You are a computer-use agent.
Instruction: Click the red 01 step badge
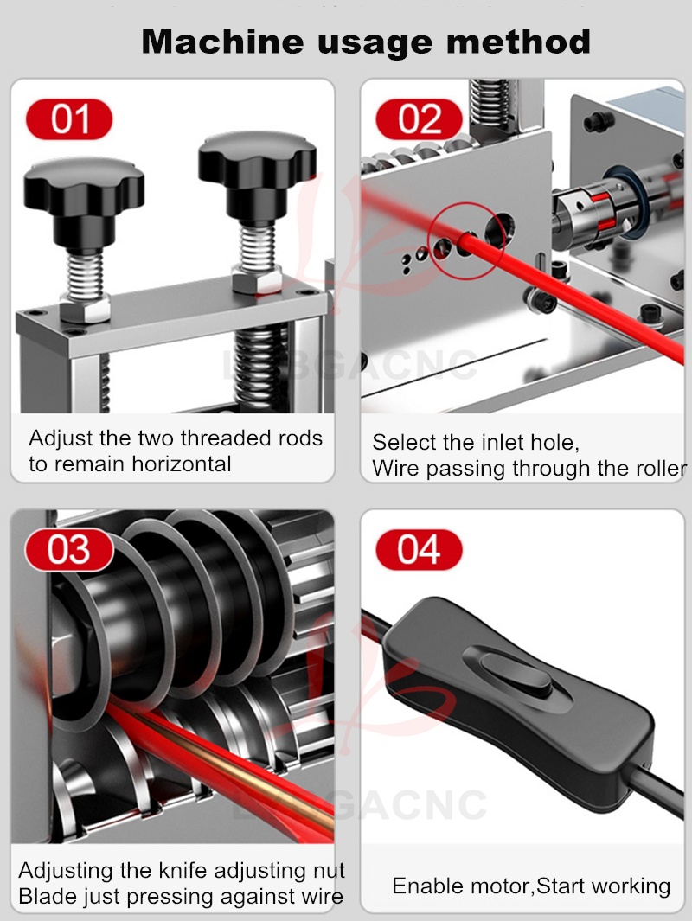coord(69,119)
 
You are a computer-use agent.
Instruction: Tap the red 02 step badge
coord(420,119)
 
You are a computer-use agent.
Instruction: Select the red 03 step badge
coord(69,550)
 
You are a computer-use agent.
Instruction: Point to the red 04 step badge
coord(419,550)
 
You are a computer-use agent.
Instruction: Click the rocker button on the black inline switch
coord(516,675)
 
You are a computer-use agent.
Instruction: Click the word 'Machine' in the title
coord(222,42)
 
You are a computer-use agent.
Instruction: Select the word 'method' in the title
coord(518,42)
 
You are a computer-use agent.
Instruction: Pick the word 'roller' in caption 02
coord(657,468)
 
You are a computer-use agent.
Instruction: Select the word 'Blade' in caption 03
coord(45,896)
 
